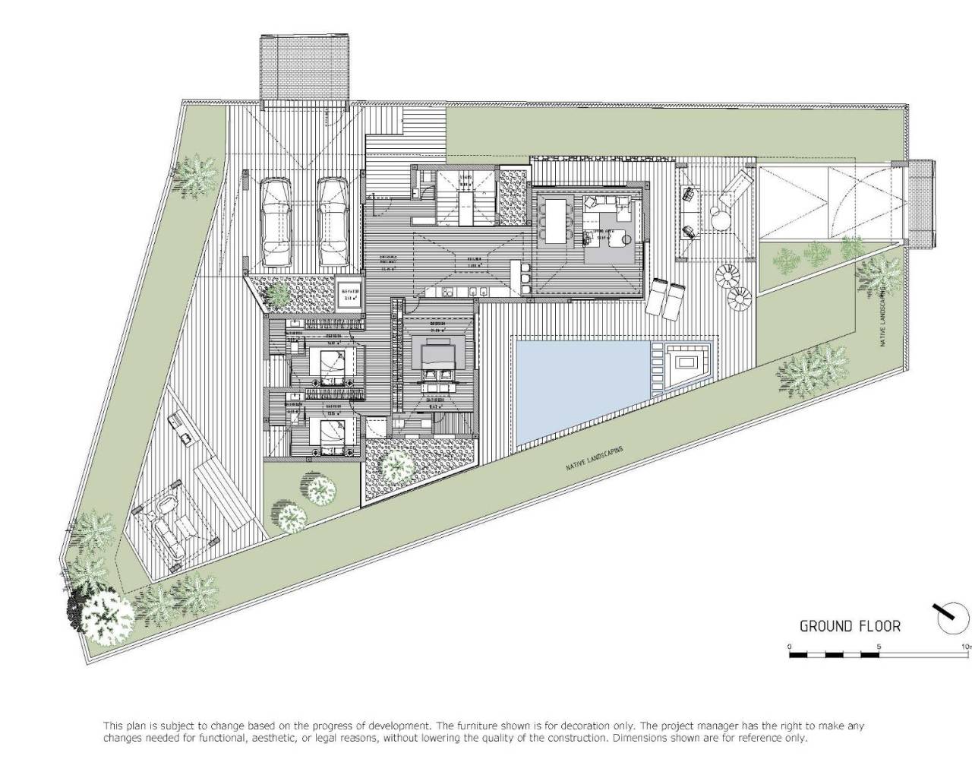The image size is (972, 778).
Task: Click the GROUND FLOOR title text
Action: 850,626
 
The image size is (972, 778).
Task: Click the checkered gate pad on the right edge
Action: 921,204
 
